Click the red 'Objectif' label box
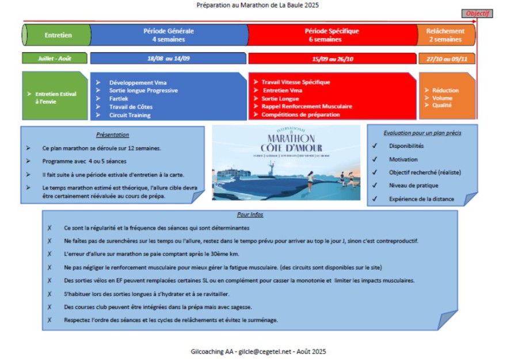pos(478,13)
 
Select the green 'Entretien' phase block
pos(58,35)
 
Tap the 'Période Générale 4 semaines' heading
pos(169,35)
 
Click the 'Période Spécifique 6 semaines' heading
pos(332,35)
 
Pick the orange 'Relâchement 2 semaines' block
pos(446,35)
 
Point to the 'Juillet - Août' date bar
pos(55,58)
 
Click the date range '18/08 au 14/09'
pos(169,58)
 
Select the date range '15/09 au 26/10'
pos(332,58)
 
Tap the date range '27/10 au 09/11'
pos(446,58)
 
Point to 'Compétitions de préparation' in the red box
pos(300,114)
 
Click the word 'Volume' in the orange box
pos(442,98)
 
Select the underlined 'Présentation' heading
pos(113,135)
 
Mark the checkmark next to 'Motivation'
pos(375,159)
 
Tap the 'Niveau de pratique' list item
pos(413,185)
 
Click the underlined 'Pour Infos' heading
pos(249,215)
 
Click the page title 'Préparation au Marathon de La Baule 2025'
pos(257,5)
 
